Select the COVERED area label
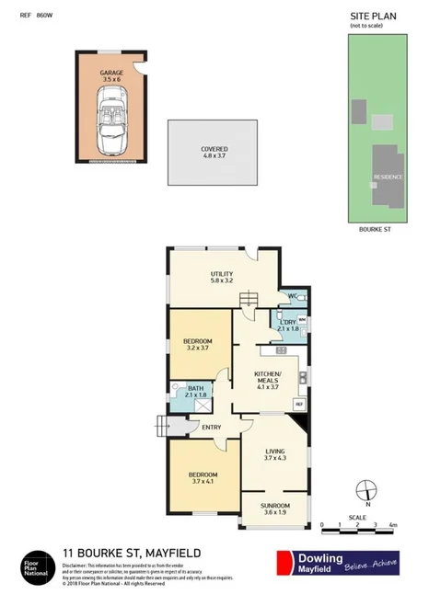214,149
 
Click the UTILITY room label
221,274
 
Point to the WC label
292,296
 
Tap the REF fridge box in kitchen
298,404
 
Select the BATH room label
195,390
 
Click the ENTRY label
212,426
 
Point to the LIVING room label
275,452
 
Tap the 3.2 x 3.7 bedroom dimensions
198,349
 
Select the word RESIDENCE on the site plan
387,176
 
